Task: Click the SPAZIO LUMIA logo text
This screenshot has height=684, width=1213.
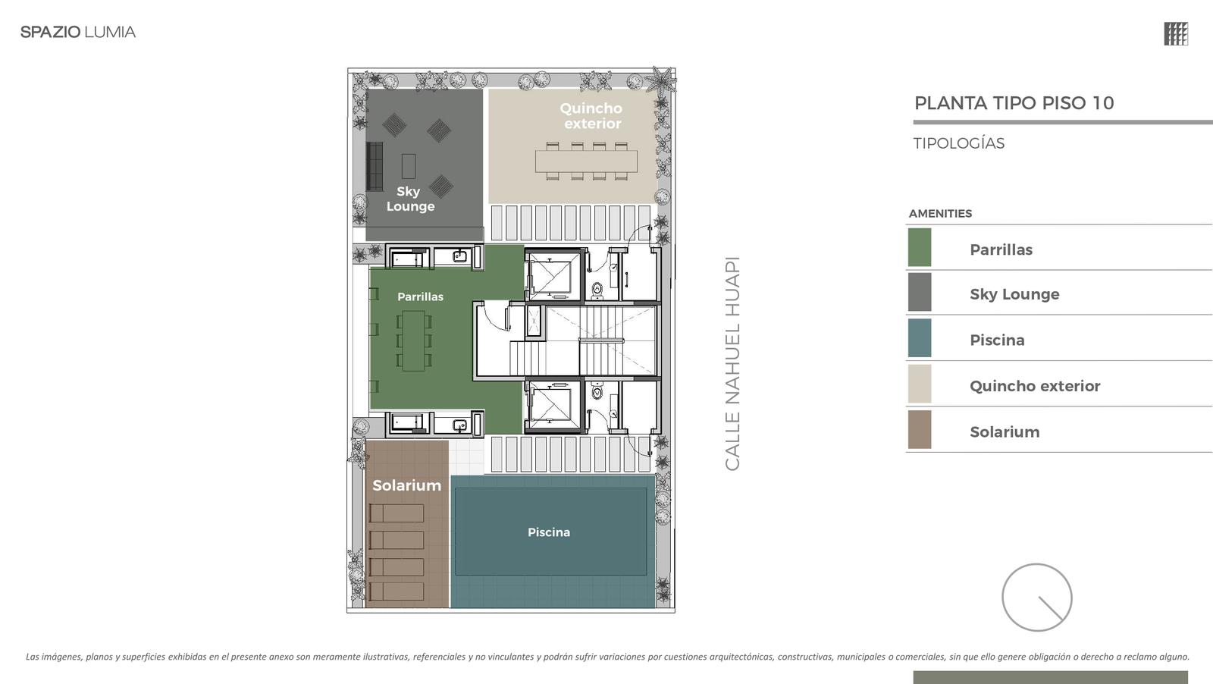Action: [78, 32]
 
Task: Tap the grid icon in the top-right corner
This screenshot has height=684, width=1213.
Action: [1176, 33]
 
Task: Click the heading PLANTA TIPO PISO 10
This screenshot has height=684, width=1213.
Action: [1014, 103]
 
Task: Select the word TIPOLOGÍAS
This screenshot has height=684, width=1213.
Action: [958, 143]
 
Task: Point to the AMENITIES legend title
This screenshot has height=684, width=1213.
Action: [940, 213]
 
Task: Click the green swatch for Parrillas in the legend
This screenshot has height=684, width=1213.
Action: [920, 247]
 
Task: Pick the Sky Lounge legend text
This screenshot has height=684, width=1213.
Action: [1014, 294]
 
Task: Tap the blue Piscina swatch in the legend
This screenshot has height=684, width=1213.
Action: [920, 338]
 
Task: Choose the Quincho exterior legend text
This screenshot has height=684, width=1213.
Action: [1035, 386]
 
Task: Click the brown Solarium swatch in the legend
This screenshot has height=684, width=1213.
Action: [920, 429]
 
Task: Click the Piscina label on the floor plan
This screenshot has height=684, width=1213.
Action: [549, 532]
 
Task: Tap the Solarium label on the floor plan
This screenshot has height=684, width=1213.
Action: [406, 485]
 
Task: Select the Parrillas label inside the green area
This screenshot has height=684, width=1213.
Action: [420, 297]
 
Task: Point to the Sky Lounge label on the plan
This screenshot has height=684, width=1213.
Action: [410, 199]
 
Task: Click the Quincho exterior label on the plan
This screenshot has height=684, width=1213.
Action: [591, 116]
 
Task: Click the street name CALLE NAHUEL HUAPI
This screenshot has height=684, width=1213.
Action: [732, 364]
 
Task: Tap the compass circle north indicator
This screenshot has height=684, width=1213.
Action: [1036, 598]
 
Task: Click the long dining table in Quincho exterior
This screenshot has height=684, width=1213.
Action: [586, 162]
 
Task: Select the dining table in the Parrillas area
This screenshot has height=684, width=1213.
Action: [414, 340]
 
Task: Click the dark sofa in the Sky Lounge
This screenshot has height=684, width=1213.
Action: [375, 166]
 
